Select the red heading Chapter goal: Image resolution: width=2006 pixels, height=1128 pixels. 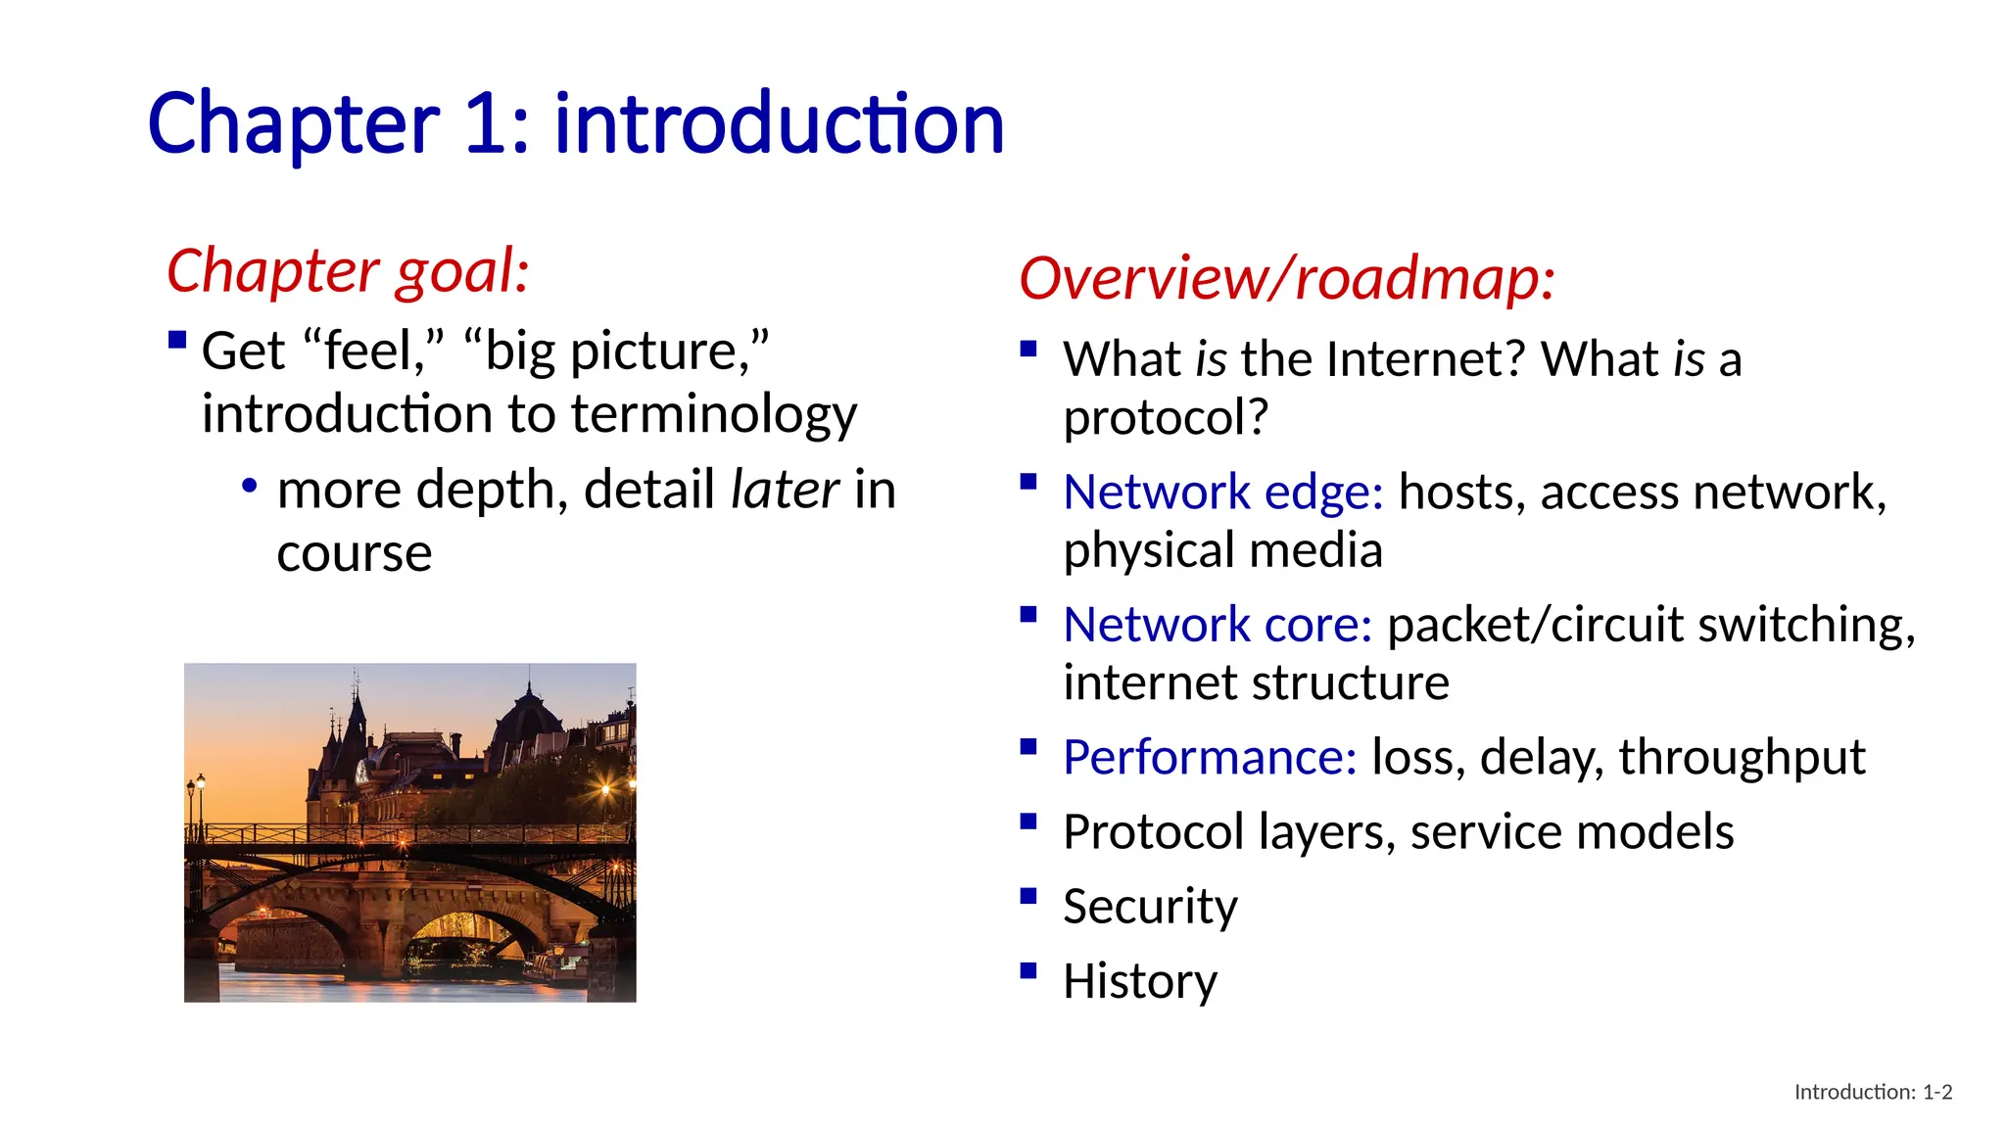(x=348, y=271)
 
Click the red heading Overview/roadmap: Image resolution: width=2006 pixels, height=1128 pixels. (x=1286, y=278)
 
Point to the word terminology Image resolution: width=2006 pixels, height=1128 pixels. (x=714, y=414)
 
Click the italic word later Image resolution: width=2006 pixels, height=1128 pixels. (x=785, y=490)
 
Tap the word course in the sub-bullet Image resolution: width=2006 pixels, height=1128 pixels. (x=354, y=554)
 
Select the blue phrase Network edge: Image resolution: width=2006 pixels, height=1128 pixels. (x=1222, y=492)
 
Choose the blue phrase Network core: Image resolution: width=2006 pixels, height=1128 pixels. (x=1218, y=625)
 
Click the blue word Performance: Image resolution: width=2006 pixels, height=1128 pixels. (x=1210, y=757)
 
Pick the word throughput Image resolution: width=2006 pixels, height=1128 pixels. (x=1741, y=757)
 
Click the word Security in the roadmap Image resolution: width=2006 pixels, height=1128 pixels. (x=1150, y=907)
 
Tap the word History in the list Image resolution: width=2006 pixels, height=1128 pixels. (x=1140, y=981)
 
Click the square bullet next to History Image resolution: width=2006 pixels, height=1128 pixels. (x=1027, y=971)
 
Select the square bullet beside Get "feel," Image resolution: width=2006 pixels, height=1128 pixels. (x=177, y=340)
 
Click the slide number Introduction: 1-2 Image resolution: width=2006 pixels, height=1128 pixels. (x=1872, y=1092)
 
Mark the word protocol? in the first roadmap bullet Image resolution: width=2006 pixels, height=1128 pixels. (x=1166, y=418)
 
